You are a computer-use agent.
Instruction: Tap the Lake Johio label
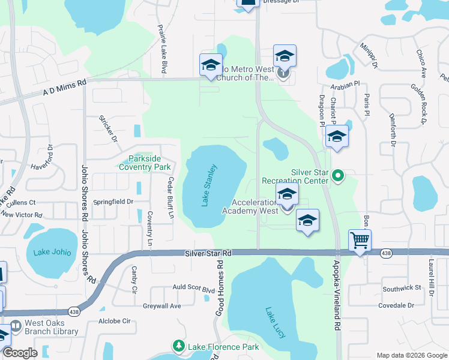coord(52,252)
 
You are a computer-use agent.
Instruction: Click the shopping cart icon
coord(360,240)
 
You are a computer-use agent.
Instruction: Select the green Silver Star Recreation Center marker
coord(338,176)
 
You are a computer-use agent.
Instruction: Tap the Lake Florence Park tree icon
coord(178,346)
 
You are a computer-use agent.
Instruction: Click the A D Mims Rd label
coord(64,88)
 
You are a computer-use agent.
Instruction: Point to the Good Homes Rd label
coord(220,288)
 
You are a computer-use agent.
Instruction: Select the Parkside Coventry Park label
coord(145,163)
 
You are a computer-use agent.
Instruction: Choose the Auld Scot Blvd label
coord(194,289)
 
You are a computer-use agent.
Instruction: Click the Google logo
coord(20,353)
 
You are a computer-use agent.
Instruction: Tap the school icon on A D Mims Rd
coord(211,65)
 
